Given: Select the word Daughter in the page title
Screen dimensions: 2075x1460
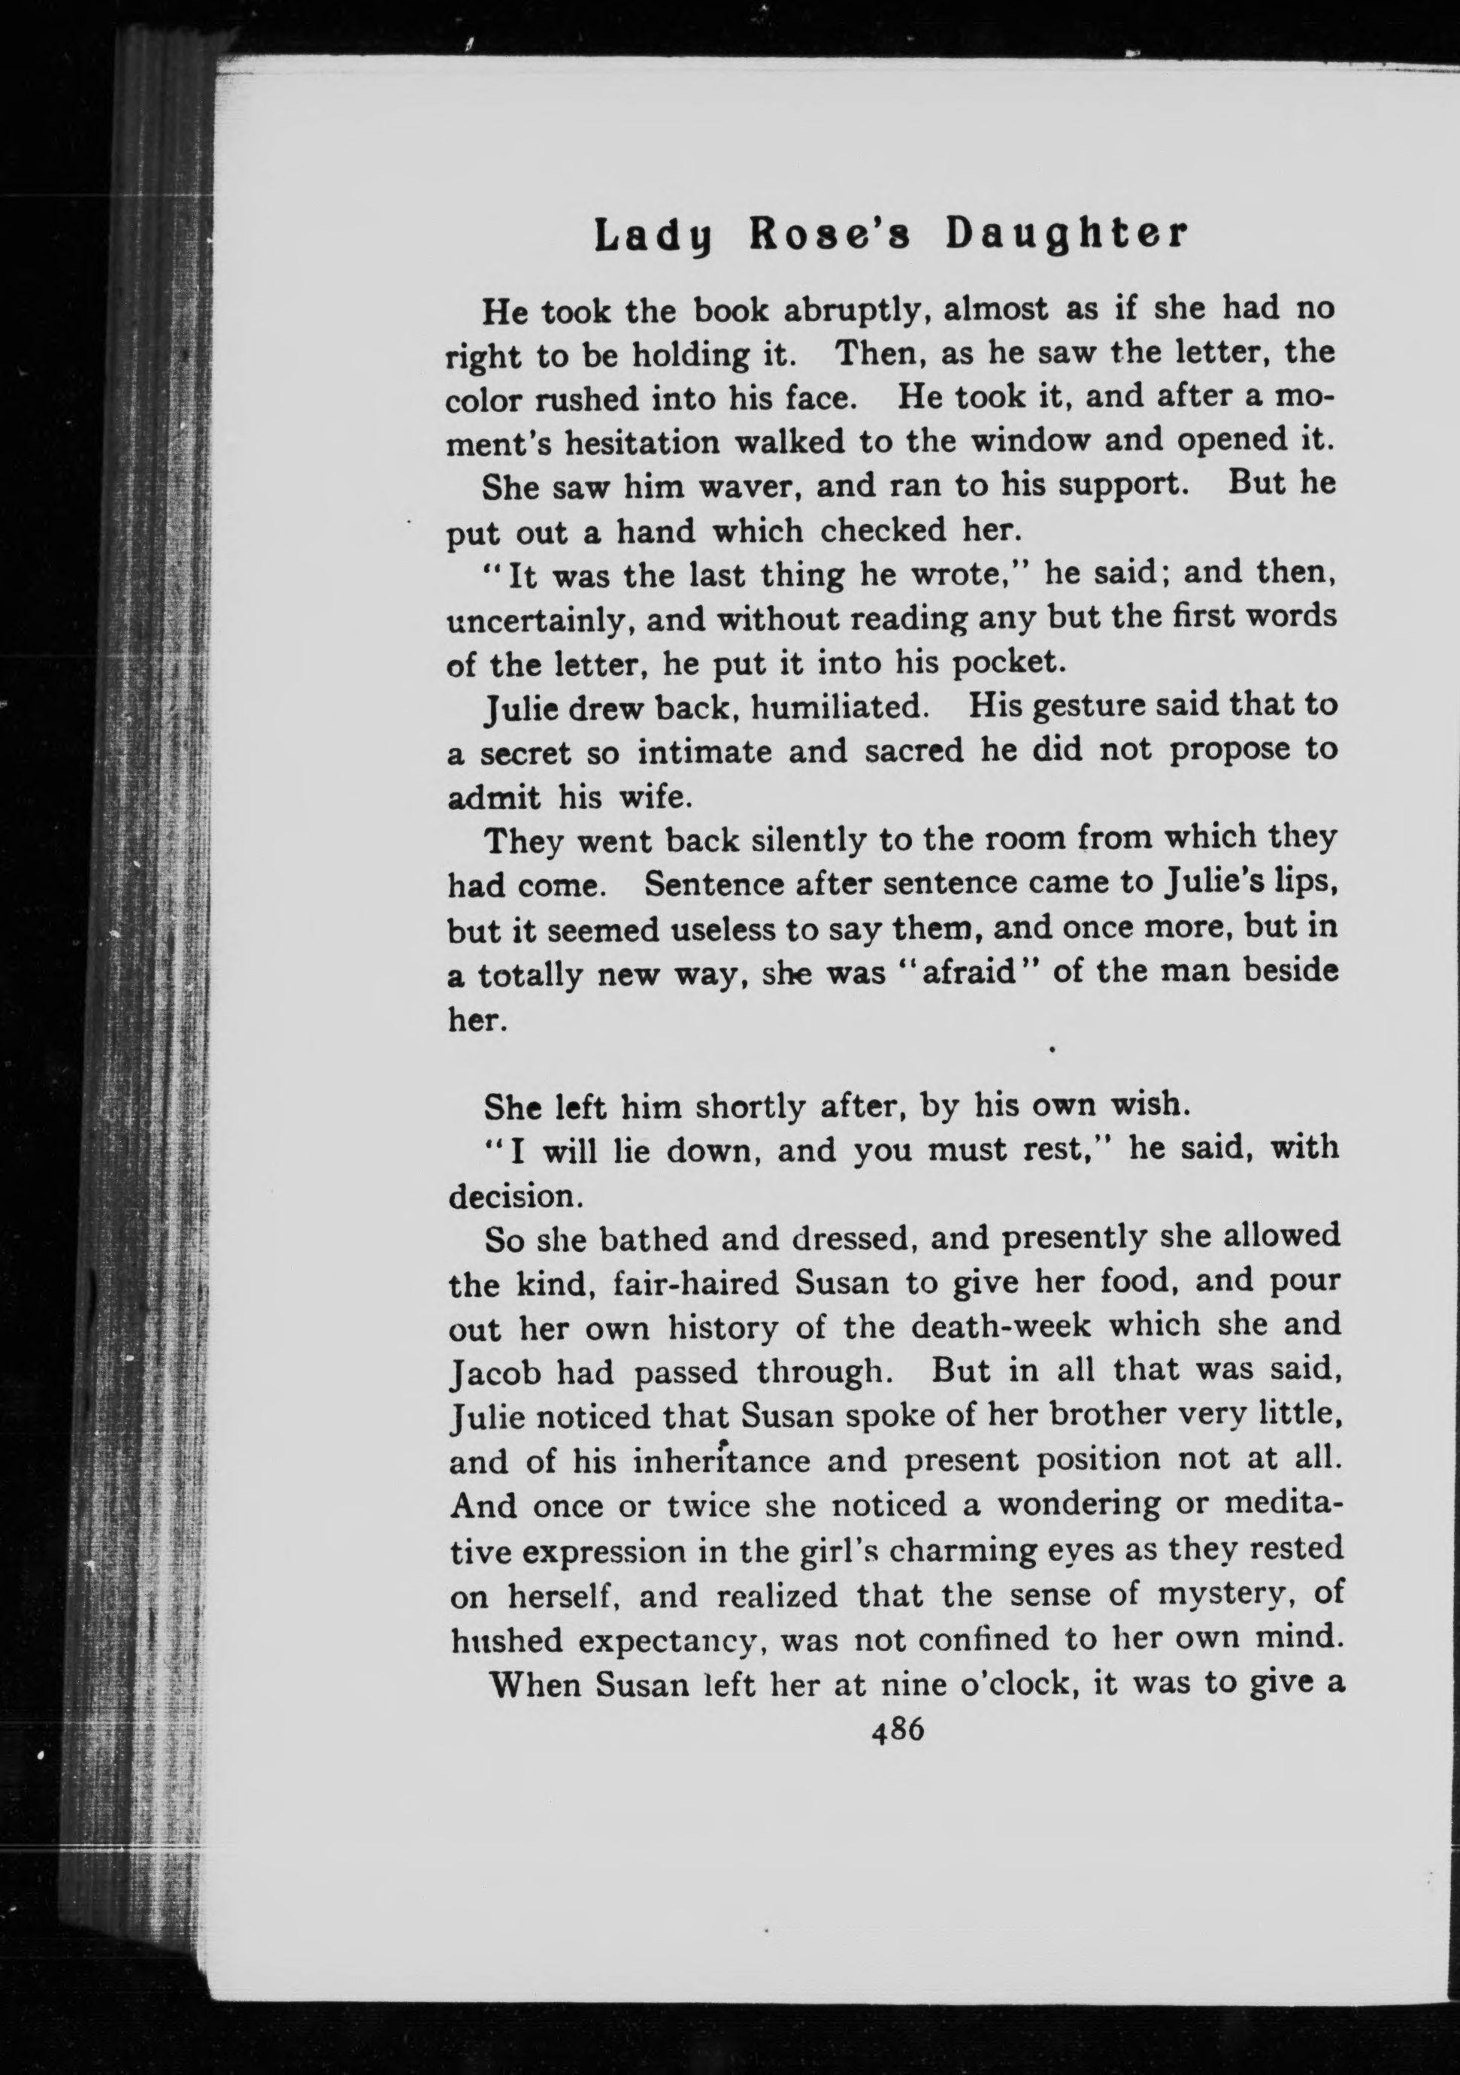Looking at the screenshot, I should (x=1065, y=235).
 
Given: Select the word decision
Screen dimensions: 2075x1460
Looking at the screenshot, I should (x=511, y=1197).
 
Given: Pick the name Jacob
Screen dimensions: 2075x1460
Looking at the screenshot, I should (x=493, y=1372).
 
